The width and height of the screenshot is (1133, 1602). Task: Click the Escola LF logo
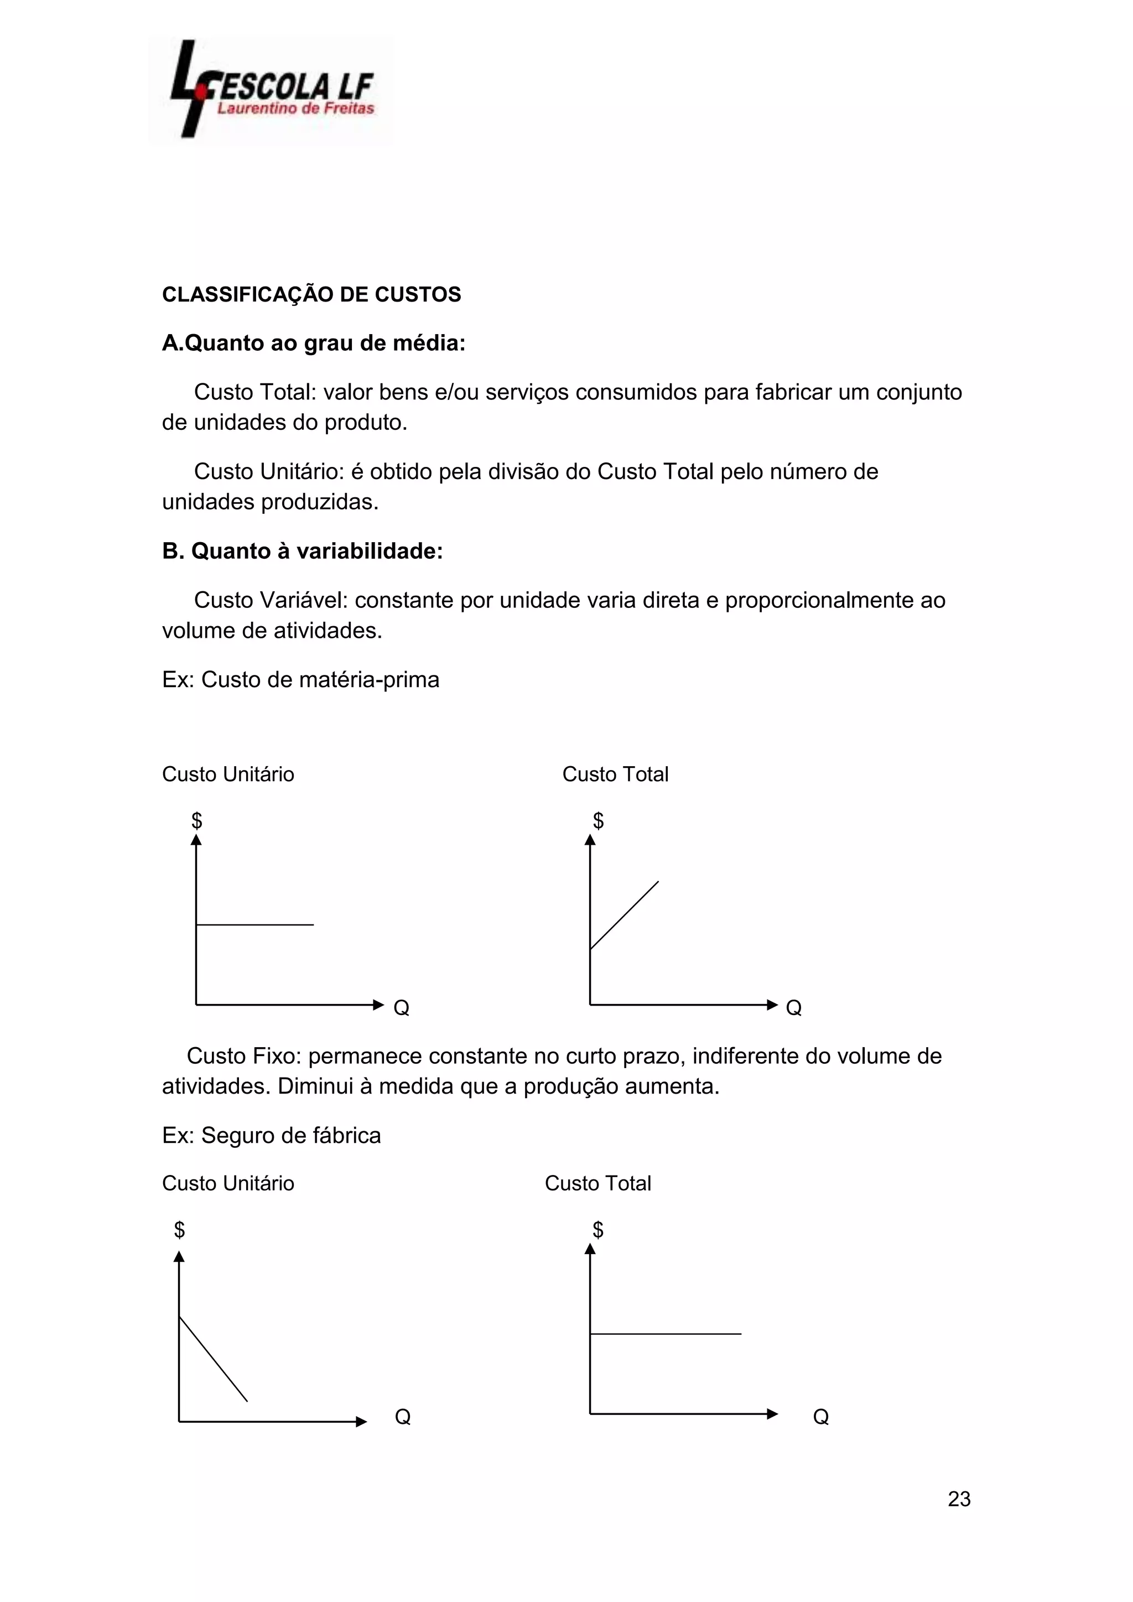(271, 91)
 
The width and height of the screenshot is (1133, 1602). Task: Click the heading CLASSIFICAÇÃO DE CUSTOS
(311, 294)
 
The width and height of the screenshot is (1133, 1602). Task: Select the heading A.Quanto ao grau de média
(313, 344)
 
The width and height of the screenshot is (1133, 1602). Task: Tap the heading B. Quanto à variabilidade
(302, 551)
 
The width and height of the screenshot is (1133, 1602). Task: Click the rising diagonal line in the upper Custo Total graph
(625, 915)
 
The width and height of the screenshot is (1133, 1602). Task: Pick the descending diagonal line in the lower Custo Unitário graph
(214, 1358)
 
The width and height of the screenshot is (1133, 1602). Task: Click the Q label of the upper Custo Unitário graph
(401, 1007)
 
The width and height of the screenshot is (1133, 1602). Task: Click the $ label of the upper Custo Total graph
(598, 820)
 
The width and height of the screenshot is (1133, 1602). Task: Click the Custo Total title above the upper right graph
(615, 774)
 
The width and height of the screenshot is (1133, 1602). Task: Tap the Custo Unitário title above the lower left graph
(227, 1183)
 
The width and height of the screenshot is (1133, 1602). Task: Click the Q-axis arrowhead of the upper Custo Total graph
(772, 1005)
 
